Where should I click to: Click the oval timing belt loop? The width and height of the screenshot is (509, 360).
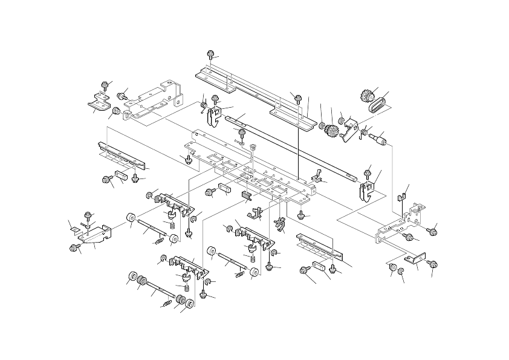(x=377, y=105)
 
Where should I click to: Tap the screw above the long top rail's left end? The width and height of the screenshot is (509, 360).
(x=211, y=54)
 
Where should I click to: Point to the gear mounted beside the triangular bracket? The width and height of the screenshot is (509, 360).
(x=331, y=129)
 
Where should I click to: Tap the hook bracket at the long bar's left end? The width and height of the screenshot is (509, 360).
(x=212, y=115)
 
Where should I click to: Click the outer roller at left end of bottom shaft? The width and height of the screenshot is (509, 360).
(x=131, y=279)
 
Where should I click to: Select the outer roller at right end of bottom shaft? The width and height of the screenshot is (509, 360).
(x=189, y=303)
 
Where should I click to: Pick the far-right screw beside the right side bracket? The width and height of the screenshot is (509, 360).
(x=433, y=230)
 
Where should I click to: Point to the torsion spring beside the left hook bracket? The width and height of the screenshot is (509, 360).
(x=202, y=107)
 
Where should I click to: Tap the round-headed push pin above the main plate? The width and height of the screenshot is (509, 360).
(x=252, y=146)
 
